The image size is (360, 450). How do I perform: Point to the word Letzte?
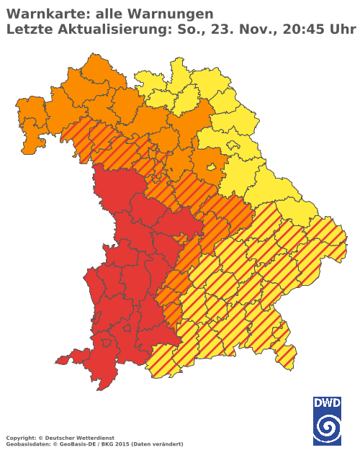[29, 29]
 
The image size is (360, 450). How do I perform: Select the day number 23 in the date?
[220, 29]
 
